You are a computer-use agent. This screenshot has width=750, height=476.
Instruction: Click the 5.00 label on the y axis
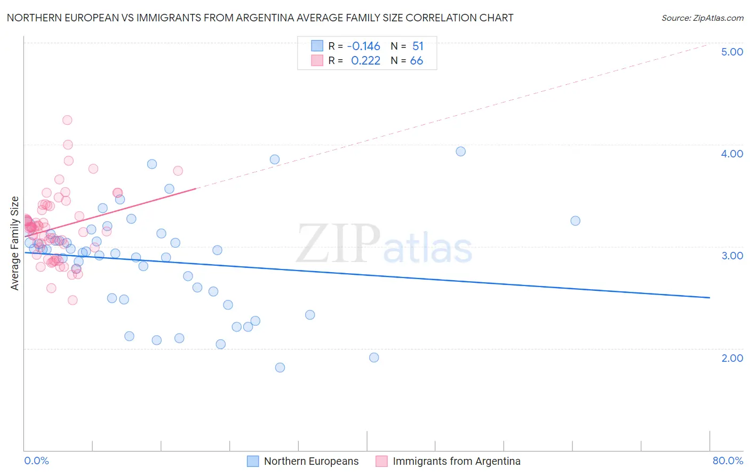click(x=732, y=52)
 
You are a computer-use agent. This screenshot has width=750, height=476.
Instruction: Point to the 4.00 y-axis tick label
click(x=732, y=154)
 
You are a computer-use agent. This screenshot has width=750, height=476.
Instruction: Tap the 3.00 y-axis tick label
click(x=732, y=256)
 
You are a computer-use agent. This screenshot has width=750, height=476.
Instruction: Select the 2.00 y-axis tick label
click(x=732, y=358)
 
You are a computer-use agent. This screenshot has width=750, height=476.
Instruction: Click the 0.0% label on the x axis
click(x=36, y=461)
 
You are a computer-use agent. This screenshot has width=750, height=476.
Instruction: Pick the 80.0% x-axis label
click(x=728, y=461)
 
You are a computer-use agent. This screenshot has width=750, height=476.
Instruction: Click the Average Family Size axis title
click(x=15, y=243)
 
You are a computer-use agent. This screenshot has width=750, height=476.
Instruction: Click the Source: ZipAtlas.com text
click(x=702, y=18)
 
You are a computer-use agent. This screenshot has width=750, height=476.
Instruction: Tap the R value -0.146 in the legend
click(x=363, y=46)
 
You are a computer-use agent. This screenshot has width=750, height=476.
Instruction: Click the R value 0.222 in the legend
click(x=365, y=61)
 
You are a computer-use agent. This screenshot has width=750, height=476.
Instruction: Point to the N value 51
click(x=418, y=46)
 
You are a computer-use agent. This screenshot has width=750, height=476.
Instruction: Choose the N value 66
click(x=417, y=61)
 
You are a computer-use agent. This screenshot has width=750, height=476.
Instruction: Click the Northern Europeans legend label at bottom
click(x=311, y=461)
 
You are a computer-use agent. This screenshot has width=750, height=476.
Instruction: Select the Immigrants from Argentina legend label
click(x=456, y=461)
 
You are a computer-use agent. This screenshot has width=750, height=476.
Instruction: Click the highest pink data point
click(x=67, y=120)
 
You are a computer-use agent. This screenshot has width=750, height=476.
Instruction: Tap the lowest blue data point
click(x=280, y=368)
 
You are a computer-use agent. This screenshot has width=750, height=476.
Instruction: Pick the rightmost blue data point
click(x=575, y=221)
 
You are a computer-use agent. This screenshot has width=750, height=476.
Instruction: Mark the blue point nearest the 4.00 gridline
click(x=461, y=152)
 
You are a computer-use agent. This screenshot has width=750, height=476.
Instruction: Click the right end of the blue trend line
click(x=709, y=297)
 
